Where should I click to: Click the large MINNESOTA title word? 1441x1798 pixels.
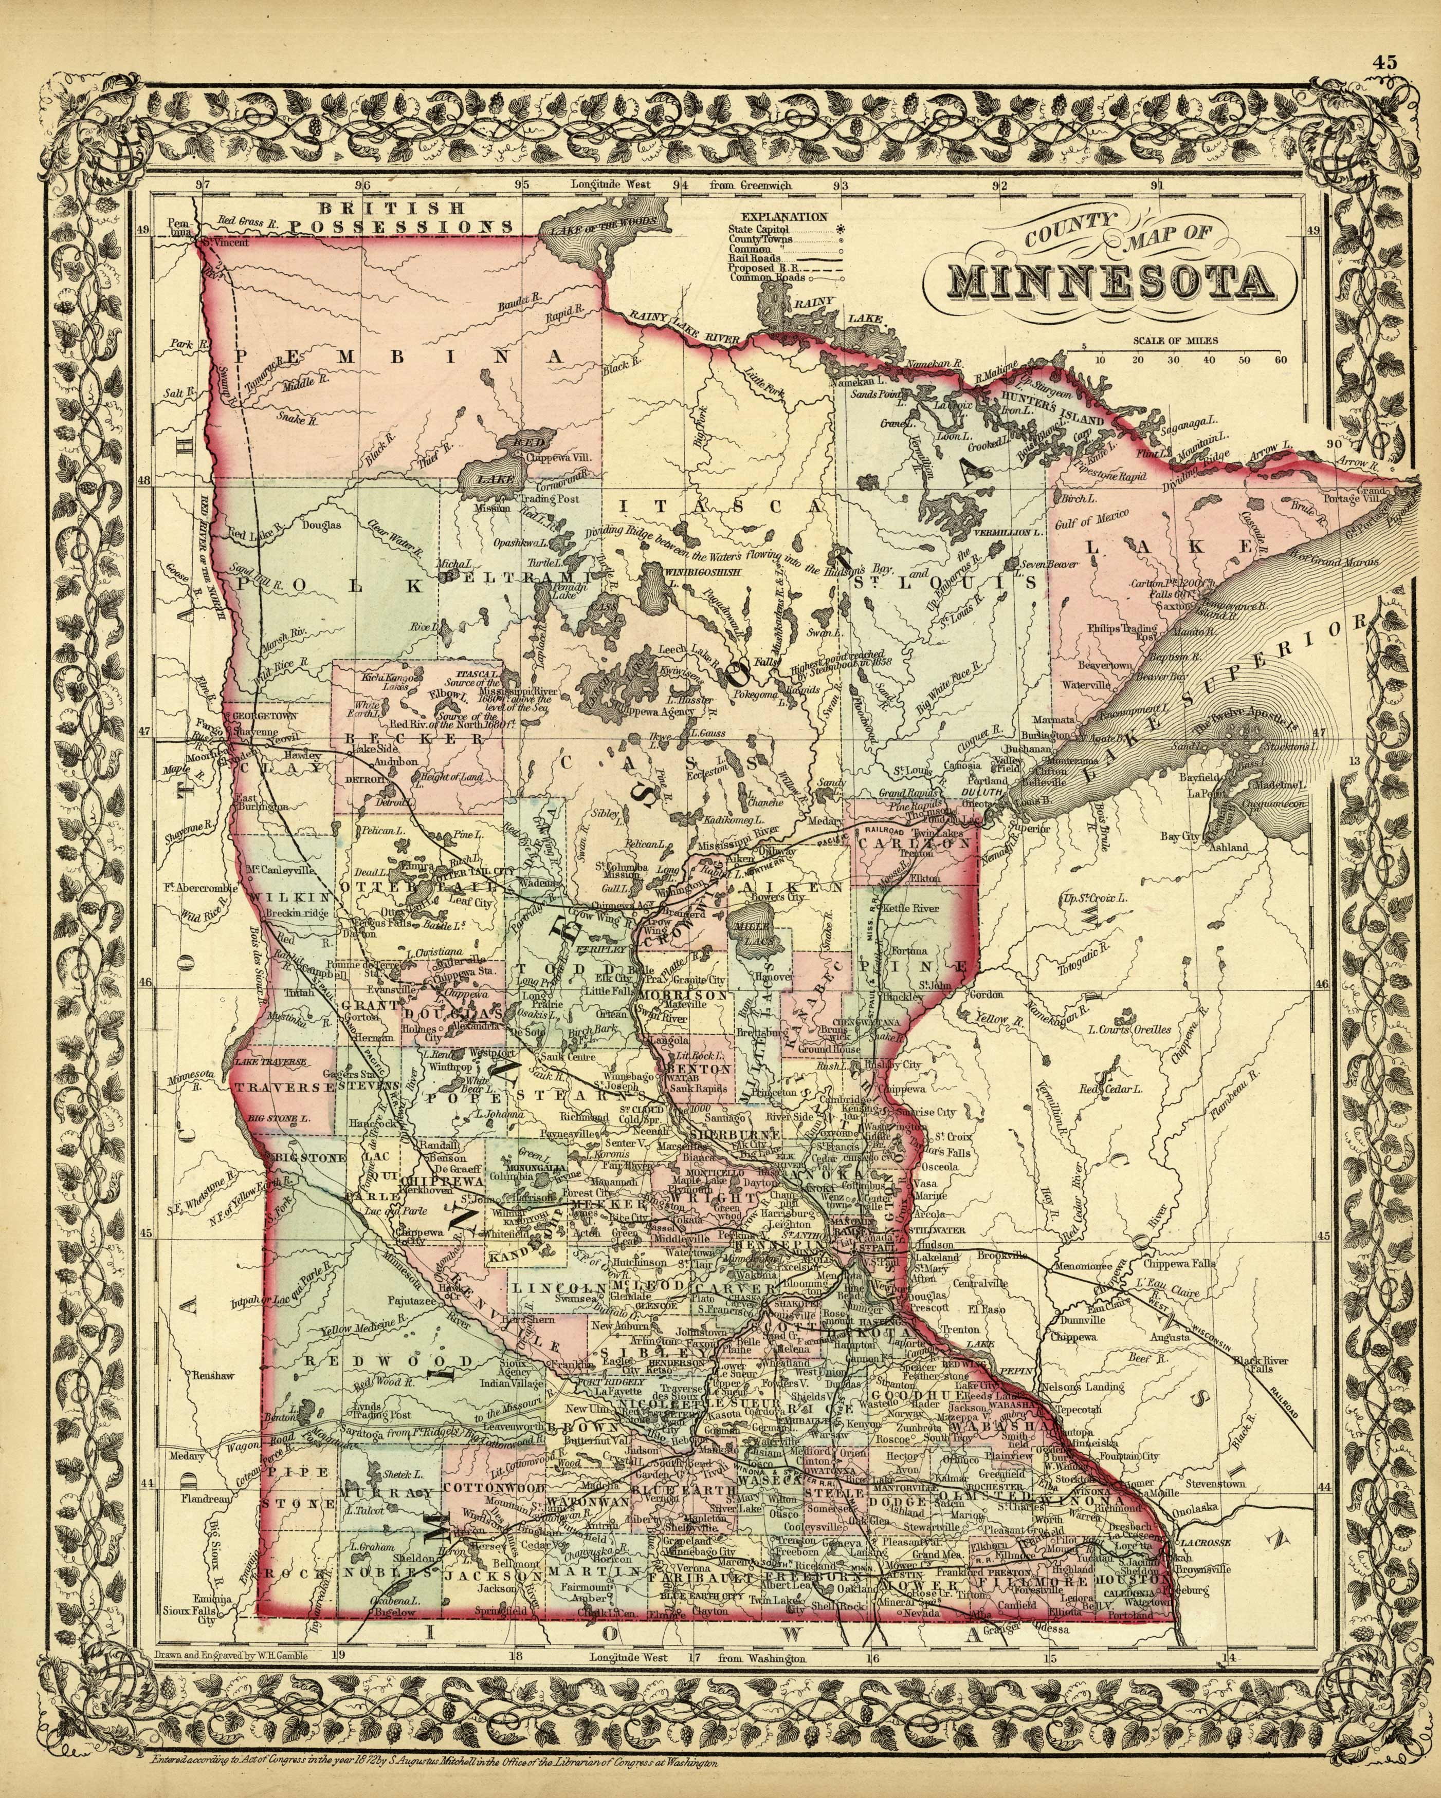point(1110,284)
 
